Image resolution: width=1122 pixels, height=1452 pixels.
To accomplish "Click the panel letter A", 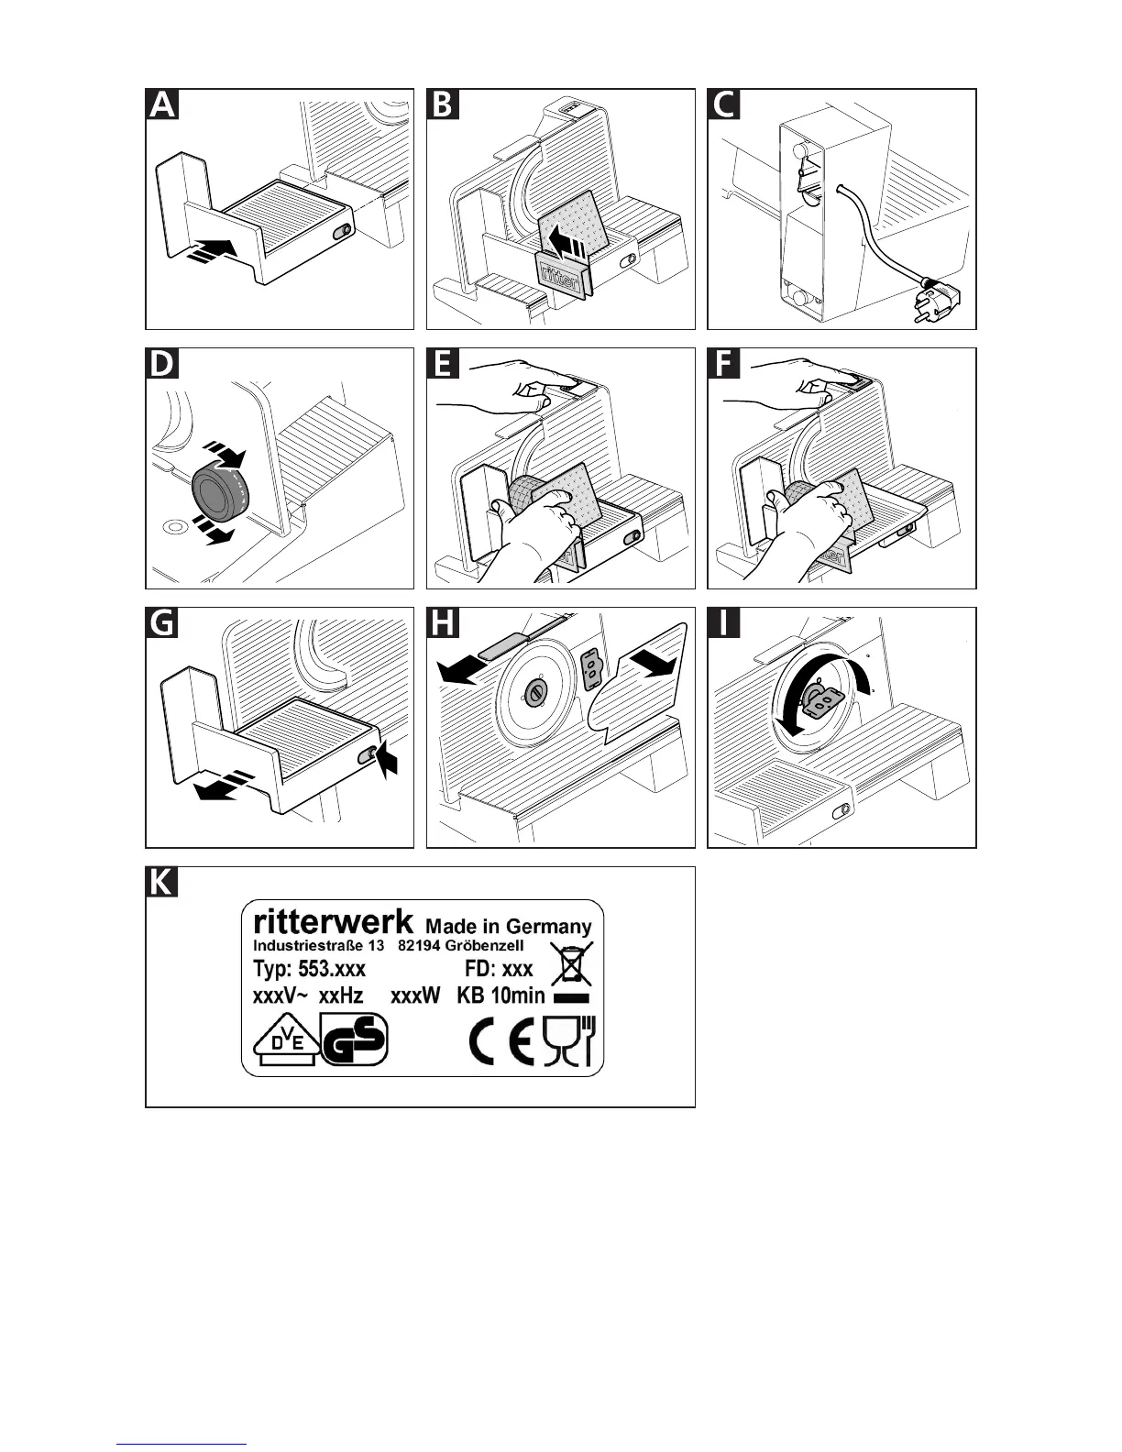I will [162, 104].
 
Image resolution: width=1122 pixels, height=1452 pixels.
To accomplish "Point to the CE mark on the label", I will [500, 1044].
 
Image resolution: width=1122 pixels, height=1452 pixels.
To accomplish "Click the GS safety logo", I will [354, 1044].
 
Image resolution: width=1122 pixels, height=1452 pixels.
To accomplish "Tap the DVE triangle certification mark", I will [285, 1044].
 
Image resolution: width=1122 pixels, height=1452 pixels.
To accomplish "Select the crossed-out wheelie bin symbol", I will [571, 963].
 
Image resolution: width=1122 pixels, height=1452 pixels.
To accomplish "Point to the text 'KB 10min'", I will [500, 995].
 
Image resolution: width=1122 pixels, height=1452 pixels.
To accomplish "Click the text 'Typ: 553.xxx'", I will [309, 969].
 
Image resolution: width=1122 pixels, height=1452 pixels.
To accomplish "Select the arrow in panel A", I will [212, 249].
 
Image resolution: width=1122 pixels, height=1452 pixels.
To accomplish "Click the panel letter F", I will [724, 364].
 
